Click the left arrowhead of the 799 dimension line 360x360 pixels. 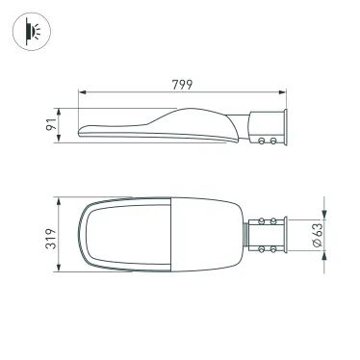[x=81, y=92]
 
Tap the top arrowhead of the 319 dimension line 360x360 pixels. [x=61, y=198]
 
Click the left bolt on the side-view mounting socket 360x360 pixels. [x=263, y=141]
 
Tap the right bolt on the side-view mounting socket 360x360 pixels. [x=273, y=141]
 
